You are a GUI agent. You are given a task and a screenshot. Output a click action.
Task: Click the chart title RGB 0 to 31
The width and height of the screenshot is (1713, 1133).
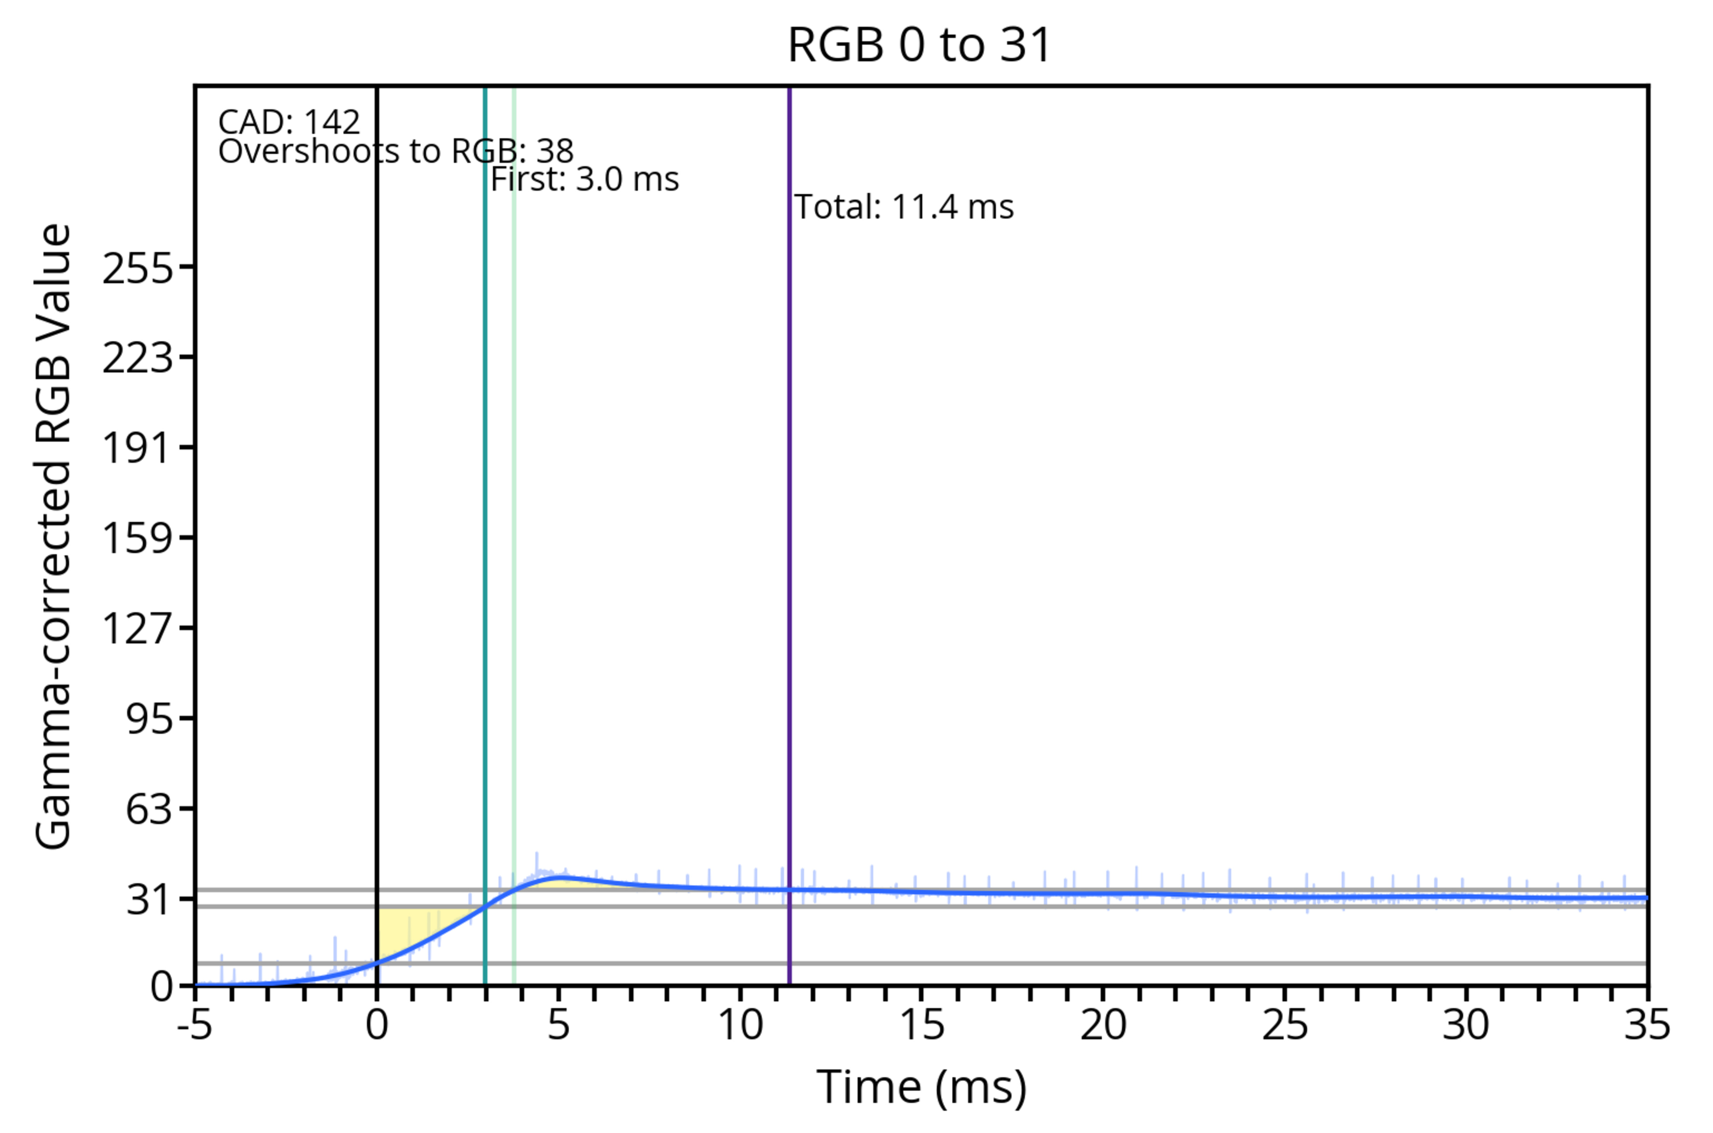coord(919,45)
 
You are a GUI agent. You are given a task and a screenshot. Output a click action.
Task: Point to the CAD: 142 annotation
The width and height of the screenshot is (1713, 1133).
coord(289,122)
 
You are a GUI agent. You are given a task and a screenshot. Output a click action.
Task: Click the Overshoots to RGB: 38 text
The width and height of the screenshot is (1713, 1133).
coord(396,152)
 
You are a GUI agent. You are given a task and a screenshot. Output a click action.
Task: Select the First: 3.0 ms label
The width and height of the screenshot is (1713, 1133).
coord(584,179)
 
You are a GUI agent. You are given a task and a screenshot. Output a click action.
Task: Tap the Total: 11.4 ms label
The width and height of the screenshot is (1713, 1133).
coord(904,207)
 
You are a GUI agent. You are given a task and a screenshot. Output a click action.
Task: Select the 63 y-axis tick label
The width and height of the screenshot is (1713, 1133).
coord(149,809)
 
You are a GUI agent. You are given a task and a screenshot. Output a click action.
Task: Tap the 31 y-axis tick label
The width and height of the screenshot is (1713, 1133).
coord(149,900)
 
